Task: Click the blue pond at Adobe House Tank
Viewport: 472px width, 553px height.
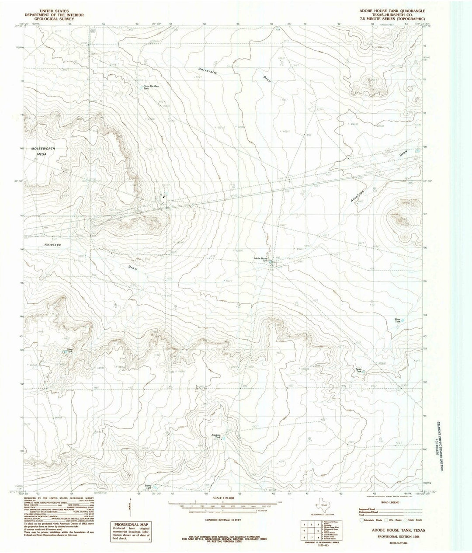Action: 271,263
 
